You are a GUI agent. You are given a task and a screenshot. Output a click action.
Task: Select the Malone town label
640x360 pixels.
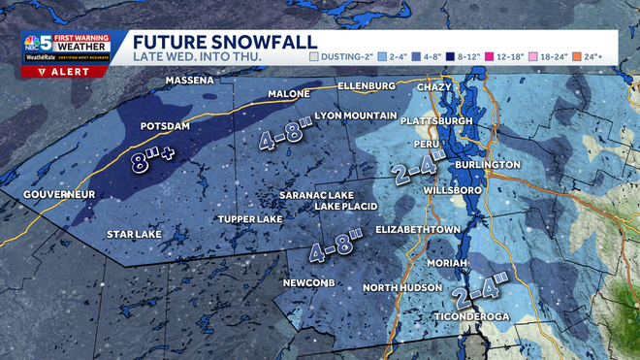pos(287,94)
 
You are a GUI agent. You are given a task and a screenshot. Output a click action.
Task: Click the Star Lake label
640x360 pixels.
pos(134,234)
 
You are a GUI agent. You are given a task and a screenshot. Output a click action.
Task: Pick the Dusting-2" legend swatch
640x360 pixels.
pos(314,56)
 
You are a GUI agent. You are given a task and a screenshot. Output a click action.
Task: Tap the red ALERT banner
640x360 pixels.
pos(59,71)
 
